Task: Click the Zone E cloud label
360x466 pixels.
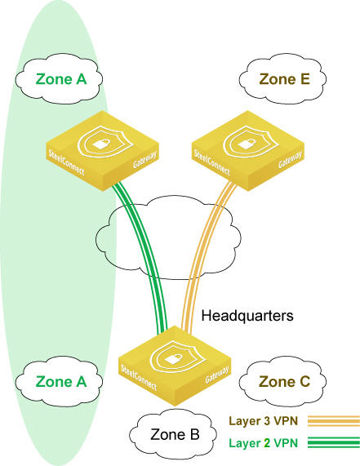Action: pyautogui.click(x=285, y=79)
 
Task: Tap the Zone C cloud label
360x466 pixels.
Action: pyautogui.click(x=285, y=382)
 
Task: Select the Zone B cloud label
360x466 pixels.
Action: pyautogui.click(x=175, y=434)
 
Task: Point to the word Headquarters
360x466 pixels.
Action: pyautogui.click(x=247, y=316)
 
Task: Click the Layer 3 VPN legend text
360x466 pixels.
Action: pyautogui.click(x=264, y=421)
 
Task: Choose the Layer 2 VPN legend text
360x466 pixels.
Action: pyautogui.click(x=264, y=443)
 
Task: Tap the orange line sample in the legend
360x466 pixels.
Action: pyautogui.click(x=334, y=421)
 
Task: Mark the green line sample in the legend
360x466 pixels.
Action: pyautogui.click(x=334, y=443)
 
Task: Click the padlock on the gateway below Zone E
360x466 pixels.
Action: pyautogui.click(x=245, y=144)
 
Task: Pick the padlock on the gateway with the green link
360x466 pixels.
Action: pyautogui.click(x=100, y=144)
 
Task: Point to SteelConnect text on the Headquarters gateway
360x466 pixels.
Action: pyautogui.click(x=139, y=378)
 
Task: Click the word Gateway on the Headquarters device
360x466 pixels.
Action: pyautogui.click(x=217, y=375)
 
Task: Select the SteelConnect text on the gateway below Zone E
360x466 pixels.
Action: pyautogui.click(x=212, y=162)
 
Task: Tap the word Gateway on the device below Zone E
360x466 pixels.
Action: pyautogui.click(x=290, y=160)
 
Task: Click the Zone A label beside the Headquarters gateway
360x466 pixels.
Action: pyautogui.click(x=61, y=382)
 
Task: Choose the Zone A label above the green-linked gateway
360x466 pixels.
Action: pyautogui.click(x=61, y=79)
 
